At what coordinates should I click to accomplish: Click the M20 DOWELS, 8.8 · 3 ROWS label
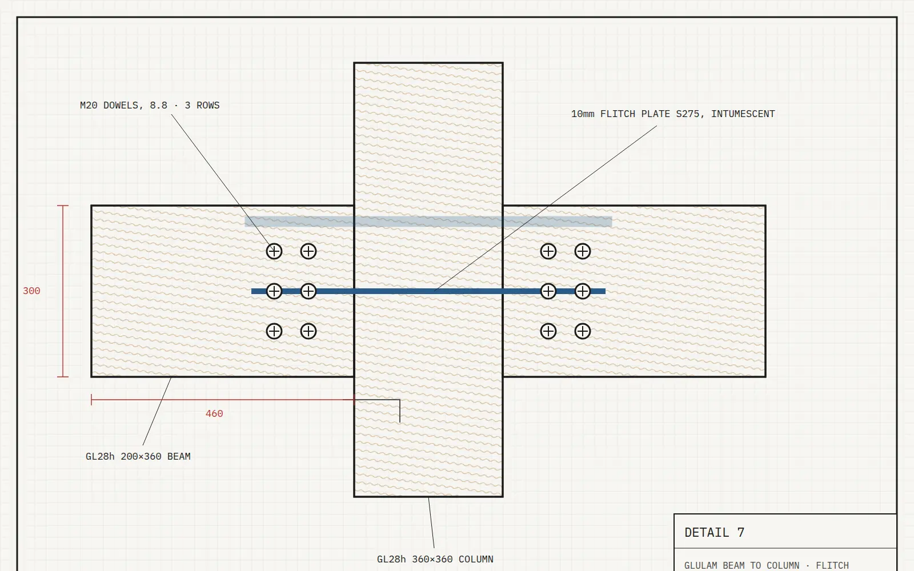pos(150,106)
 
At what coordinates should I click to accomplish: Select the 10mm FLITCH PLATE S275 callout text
pos(638,114)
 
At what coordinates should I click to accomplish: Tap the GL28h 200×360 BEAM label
pos(138,456)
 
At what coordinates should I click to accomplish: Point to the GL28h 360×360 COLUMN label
pos(435,559)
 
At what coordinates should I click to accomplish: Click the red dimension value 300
pos(31,291)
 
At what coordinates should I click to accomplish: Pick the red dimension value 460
pos(214,414)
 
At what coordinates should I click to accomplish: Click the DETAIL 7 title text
pos(715,533)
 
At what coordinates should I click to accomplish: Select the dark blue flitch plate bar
pos(428,291)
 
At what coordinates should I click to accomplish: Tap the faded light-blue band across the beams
pos(428,222)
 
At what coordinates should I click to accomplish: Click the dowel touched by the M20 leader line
pos(274,251)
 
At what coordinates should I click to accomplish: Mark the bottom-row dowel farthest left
pos(274,331)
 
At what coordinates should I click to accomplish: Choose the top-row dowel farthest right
pos(583,251)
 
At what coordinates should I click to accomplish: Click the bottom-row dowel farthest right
pos(583,331)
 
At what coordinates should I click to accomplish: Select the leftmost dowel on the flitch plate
pos(274,291)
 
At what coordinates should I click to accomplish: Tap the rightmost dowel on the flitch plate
pos(583,291)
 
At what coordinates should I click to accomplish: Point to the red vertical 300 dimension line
pos(63,291)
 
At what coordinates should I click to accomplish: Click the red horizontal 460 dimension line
pos(223,400)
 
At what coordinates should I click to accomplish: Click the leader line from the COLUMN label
pos(431,523)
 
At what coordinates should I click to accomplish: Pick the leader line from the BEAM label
pos(157,412)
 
